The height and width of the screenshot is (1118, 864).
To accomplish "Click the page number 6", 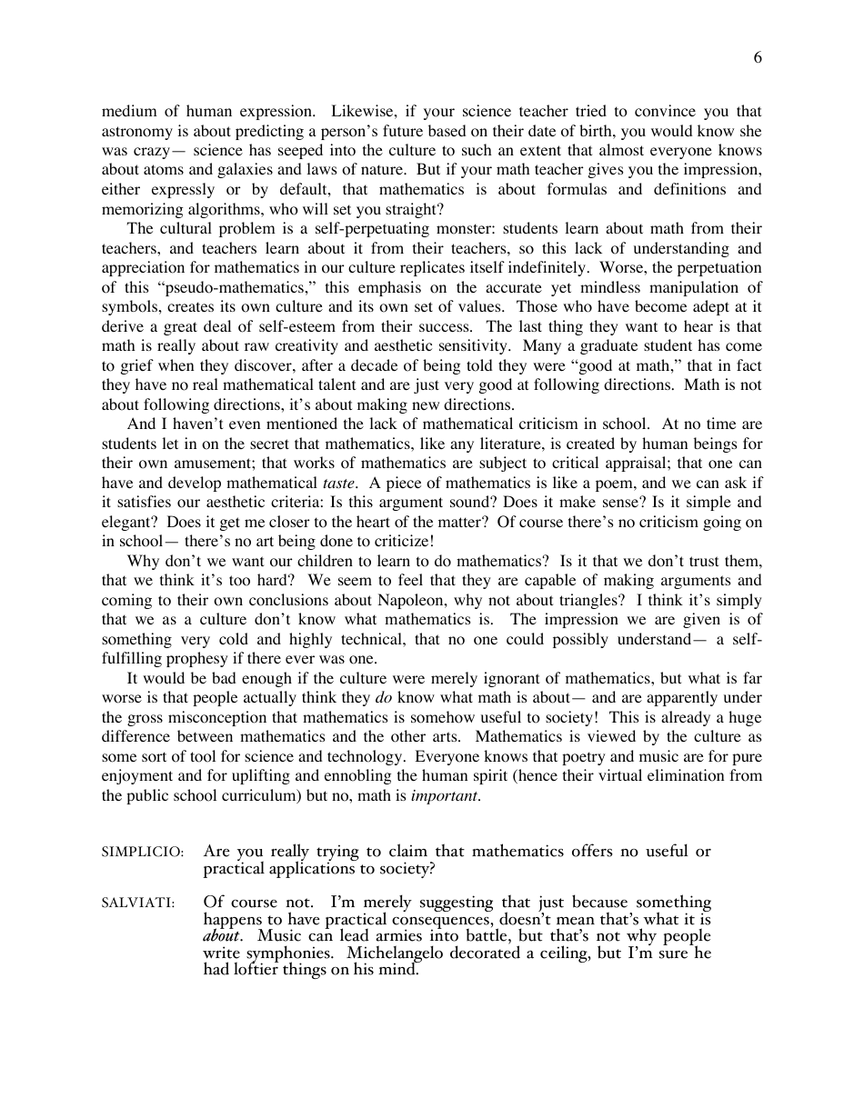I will click(758, 58).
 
